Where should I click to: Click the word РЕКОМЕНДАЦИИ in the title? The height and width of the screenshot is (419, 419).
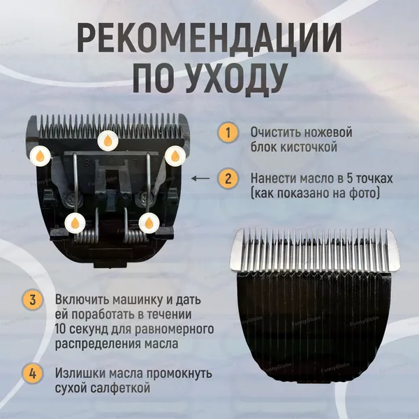[x=209, y=38]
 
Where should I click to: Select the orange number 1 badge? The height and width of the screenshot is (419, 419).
[x=228, y=132]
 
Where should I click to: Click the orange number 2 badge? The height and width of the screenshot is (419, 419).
[x=228, y=178]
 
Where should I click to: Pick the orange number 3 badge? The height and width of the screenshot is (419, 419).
[x=32, y=300]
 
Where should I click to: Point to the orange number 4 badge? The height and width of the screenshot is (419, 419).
[x=32, y=374]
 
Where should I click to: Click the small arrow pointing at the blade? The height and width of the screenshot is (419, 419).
[x=200, y=178]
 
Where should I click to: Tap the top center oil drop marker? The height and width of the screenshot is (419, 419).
[x=108, y=141]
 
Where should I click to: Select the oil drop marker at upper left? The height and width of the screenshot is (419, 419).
[x=41, y=156]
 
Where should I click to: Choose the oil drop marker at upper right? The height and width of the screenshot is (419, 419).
[x=175, y=156]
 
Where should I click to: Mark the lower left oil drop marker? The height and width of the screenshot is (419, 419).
[x=75, y=223]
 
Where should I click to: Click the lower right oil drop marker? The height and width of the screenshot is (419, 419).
[x=149, y=223]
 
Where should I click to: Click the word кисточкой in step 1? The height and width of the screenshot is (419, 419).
[x=309, y=147]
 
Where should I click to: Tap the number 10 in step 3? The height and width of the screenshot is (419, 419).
[x=60, y=329]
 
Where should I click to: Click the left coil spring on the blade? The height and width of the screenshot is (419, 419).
[x=85, y=236]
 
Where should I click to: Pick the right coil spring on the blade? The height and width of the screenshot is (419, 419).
[x=135, y=236]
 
